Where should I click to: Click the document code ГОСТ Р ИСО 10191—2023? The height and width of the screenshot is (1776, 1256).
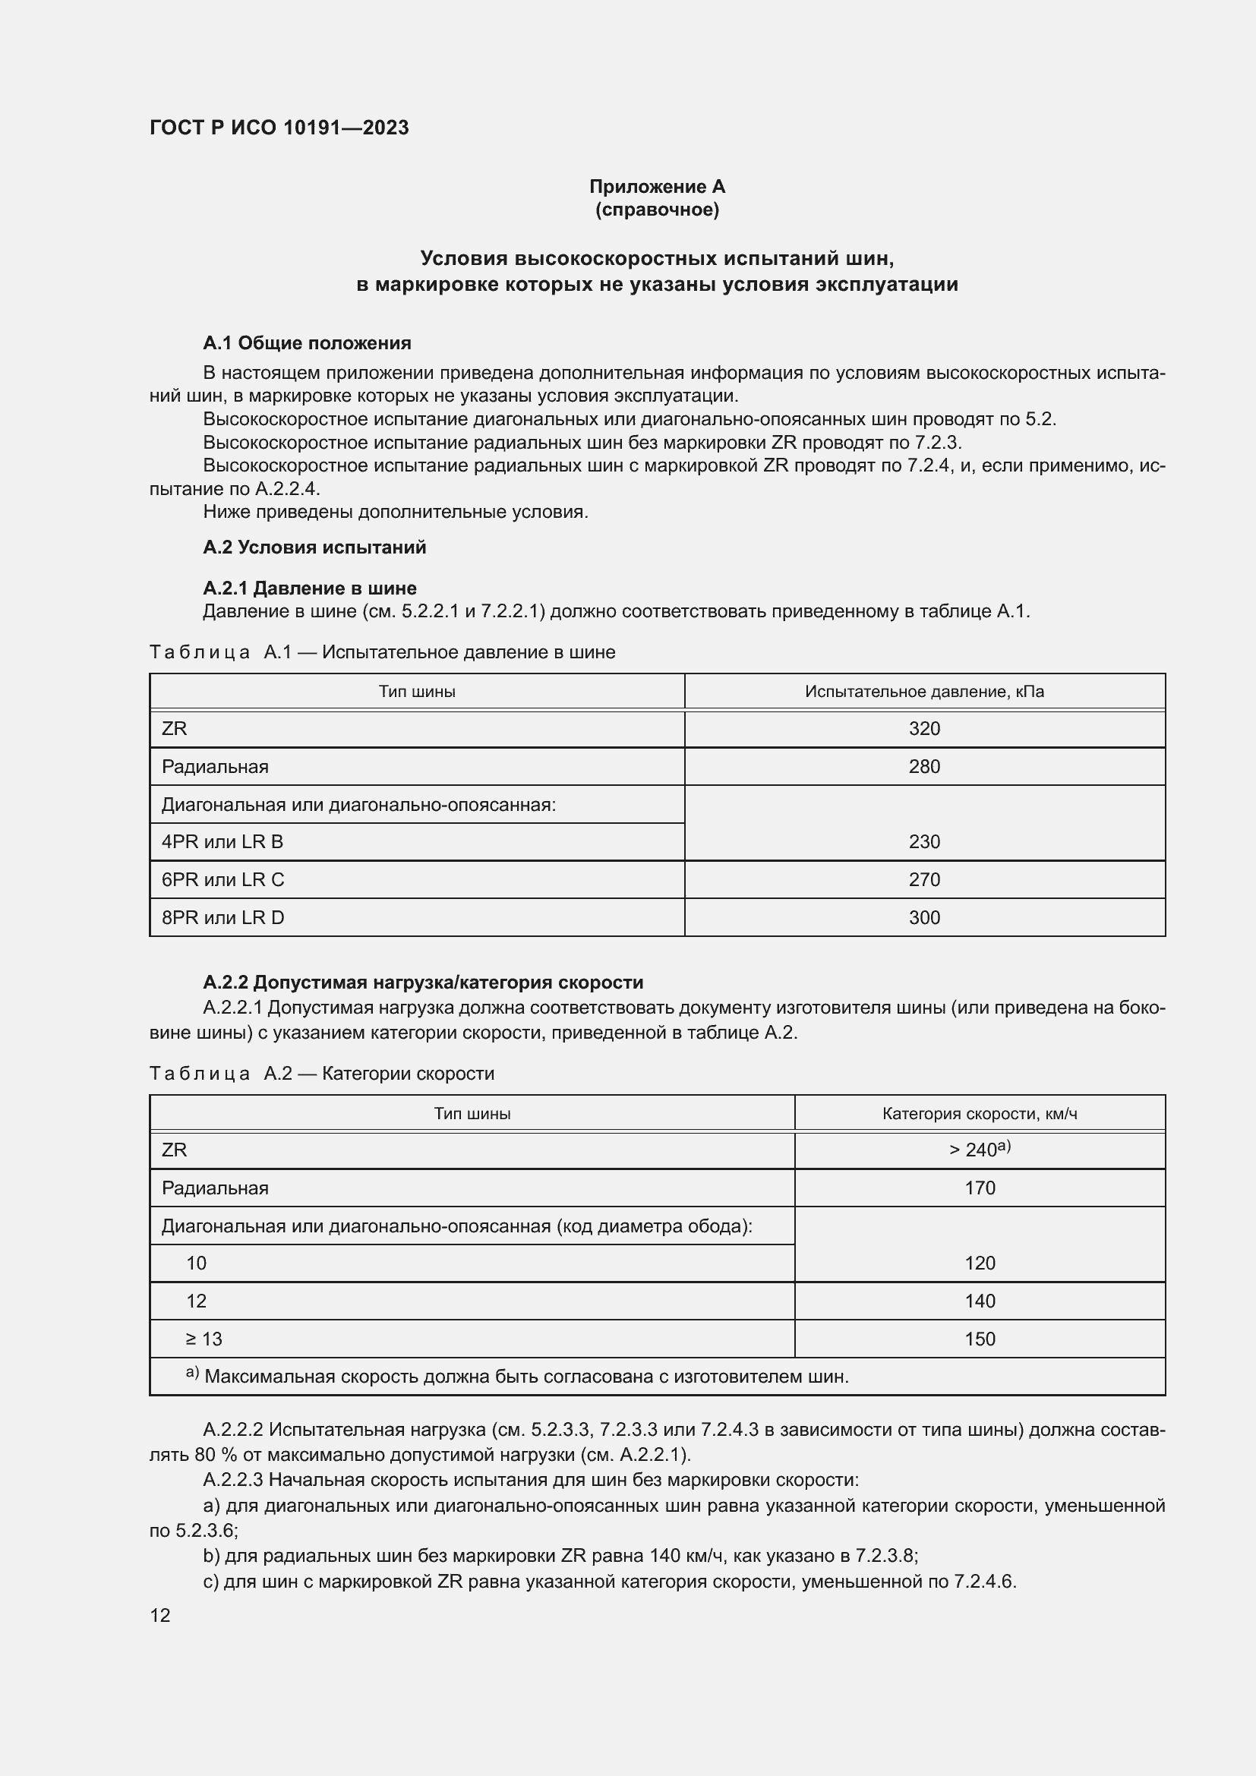point(279,128)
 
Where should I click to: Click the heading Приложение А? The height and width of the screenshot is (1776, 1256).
point(657,187)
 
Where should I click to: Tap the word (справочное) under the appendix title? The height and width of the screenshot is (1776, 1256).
point(657,210)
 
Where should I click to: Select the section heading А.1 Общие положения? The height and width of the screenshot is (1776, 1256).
point(307,342)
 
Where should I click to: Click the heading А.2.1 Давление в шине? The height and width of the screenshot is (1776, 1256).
point(309,588)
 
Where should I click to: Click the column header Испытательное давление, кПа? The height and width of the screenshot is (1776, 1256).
point(924,692)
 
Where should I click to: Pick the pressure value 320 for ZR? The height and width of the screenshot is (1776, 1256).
point(924,729)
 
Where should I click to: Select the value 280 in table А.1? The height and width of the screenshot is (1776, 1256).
point(924,767)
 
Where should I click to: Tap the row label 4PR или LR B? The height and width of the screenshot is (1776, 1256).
point(222,841)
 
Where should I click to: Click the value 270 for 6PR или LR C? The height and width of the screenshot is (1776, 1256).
point(924,879)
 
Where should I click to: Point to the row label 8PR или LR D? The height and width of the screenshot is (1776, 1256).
point(222,917)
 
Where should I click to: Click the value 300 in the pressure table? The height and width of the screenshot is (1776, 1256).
point(924,917)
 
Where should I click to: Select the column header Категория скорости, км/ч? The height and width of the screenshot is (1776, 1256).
point(979,1114)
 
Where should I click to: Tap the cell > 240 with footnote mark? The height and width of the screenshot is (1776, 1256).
point(979,1150)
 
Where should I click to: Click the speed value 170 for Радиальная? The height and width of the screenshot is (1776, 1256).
point(979,1188)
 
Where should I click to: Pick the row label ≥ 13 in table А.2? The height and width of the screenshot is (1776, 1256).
point(204,1339)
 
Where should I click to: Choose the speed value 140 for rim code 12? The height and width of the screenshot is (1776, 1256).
point(979,1301)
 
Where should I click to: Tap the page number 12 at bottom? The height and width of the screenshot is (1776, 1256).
point(160,1615)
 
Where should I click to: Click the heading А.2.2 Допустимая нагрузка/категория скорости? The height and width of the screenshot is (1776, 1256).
point(423,983)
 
